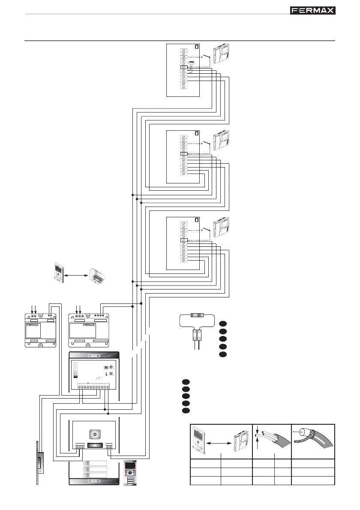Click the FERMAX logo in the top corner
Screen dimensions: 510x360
tap(313, 10)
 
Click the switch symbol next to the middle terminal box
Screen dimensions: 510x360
tap(206, 142)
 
